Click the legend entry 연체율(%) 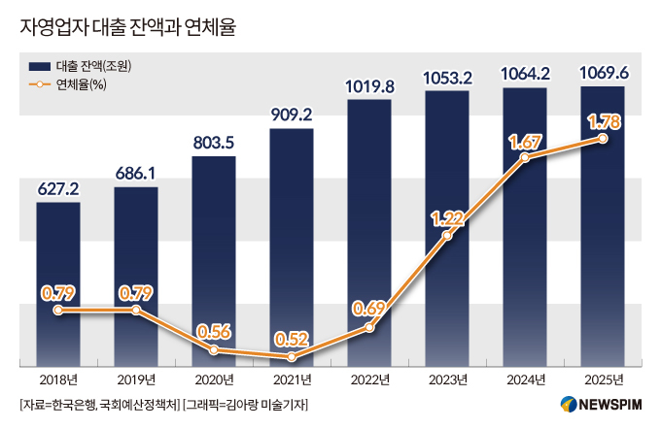point(82,85)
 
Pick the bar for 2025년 point(603,233)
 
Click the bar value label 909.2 point(292,115)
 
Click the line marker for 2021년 point(292,357)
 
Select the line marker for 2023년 point(447,236)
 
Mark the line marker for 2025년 point(603,139)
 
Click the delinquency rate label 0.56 point(214,330)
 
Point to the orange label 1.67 point(525,142)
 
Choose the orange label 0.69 point(369,309)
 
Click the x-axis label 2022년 point(369,379)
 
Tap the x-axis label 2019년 point(136,379)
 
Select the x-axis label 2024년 point(525,379)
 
